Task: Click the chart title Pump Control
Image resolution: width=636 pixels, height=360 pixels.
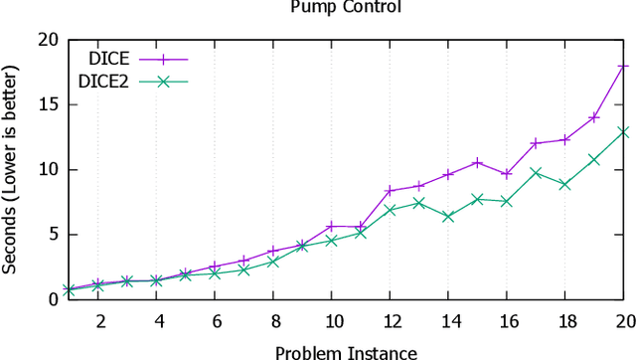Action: [x=346, y=8]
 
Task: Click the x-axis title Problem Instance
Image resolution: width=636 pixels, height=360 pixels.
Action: [x=346, y=351]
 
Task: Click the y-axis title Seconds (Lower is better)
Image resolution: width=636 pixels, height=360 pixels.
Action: [x=11, y=169]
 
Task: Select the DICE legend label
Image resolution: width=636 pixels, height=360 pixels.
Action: [x=110, y=59]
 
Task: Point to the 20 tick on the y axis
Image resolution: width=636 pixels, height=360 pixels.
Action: [x=46, y=41]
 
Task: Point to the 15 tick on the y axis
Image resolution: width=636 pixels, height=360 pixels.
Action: [x=46, y=105]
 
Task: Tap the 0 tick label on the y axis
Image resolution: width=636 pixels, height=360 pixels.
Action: [x=51, y=299]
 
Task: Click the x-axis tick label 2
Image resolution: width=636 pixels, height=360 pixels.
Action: [x=100, y=321]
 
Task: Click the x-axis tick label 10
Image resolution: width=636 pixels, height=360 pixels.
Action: [x=335, y=321]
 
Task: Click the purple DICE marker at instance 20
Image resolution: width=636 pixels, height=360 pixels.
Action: [x=623, y=66]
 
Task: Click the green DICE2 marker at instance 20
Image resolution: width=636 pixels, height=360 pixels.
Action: [x=623, y=131]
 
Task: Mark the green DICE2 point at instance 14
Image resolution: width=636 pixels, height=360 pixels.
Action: [x=448, y=216]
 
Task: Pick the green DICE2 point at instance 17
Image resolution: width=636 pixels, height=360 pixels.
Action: [x=536, y=173]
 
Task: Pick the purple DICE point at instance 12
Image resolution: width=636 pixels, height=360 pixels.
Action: [x=390, y=190]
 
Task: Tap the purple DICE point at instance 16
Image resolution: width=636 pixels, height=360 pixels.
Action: [x=507, y=174]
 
